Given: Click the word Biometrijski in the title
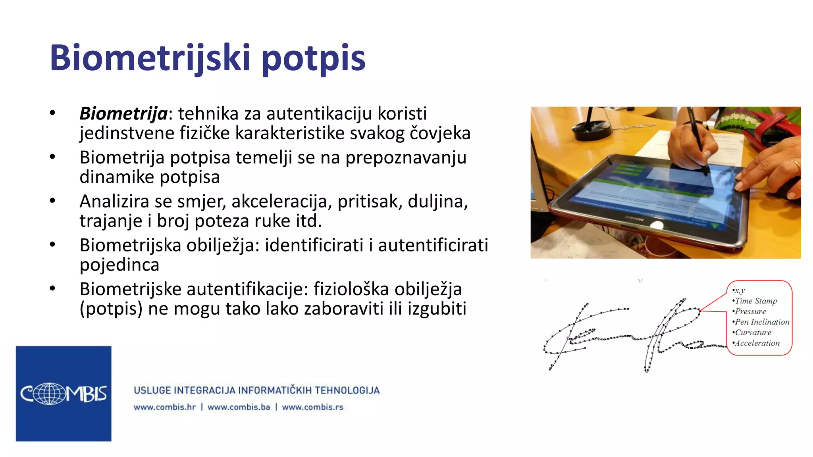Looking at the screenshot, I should [150, 58].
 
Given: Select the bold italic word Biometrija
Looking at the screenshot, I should [123, 113].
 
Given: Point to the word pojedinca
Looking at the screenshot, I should [119, 265].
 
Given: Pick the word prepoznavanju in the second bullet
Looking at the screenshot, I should [406, 158].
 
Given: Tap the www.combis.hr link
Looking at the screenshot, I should [165, 407].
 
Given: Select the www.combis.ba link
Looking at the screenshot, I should [239, 407].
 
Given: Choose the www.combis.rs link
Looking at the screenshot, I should [312, 407].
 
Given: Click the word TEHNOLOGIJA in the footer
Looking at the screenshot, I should [347, 390].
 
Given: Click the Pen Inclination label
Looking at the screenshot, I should [762, 322].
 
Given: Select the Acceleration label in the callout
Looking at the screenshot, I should [757, 343].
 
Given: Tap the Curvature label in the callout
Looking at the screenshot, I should [753, 333].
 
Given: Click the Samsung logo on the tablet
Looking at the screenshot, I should [634, 219].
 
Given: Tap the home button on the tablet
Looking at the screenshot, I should [657, 225].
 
